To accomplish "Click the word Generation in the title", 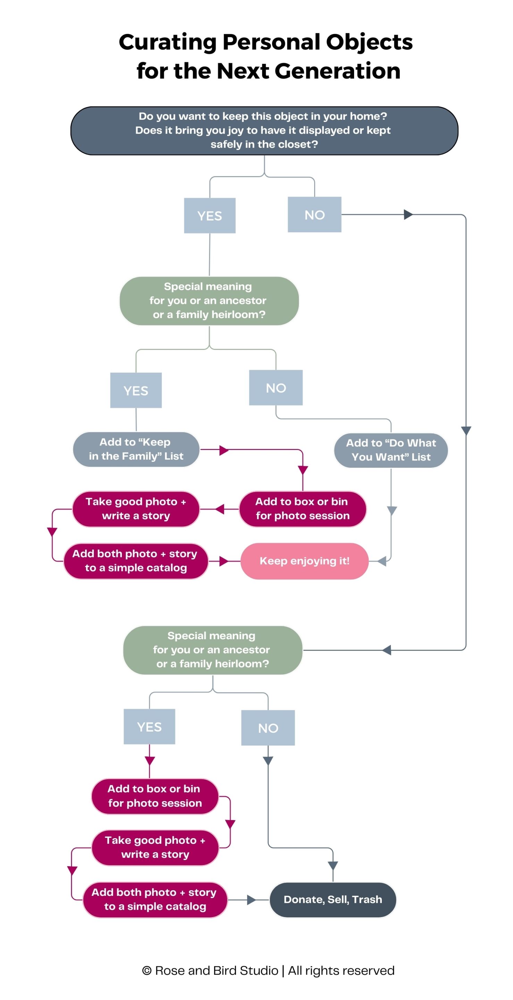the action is click(337, 71).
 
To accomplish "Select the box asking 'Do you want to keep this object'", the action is click(264, 131).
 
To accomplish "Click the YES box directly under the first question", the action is click(210, 215).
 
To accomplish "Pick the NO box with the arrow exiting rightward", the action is click(314, 215).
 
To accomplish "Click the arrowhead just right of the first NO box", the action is click(408, 214).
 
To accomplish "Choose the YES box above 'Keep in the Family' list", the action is click(136, 390).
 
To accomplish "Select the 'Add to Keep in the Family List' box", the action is click(136, 449).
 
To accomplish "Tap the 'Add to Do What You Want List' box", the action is click(391, 450).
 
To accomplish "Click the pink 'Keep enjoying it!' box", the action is click(304, 561).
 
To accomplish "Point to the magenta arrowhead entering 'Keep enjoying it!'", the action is click(224, 561).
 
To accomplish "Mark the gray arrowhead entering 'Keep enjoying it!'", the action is click(381, 561).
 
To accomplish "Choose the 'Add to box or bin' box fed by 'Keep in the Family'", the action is click(302, 509).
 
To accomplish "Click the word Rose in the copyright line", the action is click(169, 970).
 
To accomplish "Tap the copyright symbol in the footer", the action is click(147, 970).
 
